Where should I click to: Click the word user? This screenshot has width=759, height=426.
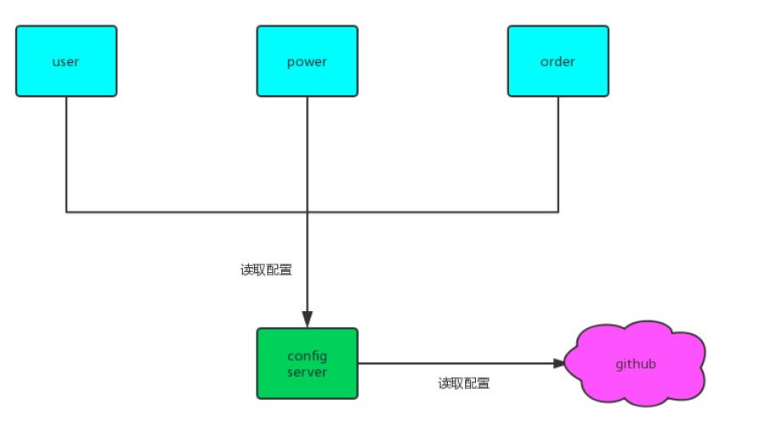(66, 61)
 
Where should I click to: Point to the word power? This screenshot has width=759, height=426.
(307, 61)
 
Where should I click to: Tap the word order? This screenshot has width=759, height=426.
(558, 61)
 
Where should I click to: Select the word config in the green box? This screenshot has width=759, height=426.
(307, 356)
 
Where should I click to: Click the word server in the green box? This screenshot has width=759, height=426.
(307, 372)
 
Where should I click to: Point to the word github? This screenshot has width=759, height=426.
(636, 364)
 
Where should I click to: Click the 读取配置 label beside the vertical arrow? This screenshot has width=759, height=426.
(266, 270)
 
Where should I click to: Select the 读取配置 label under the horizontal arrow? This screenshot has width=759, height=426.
(464, 383)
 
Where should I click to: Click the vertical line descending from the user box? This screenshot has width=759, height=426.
(66, 153)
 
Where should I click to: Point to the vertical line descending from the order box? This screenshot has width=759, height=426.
(558, 153)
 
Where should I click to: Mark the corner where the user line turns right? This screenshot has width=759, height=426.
(66, 212)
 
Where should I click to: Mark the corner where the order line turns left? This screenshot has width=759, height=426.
(558, 212)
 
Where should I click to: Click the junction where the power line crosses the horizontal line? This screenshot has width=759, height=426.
(307, 212)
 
